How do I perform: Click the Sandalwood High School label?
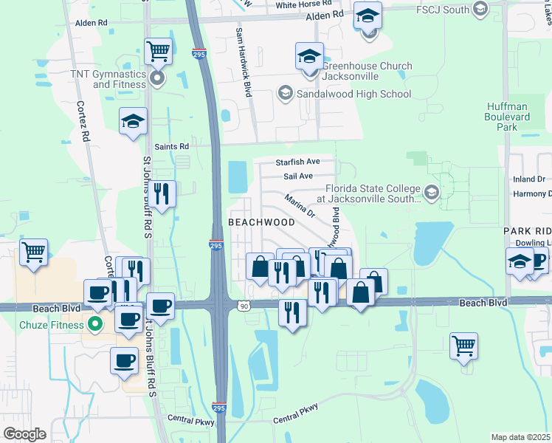tap(353, 94)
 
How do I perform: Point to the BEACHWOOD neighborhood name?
tap(261, 221)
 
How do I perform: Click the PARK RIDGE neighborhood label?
tap(527, 231)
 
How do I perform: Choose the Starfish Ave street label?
tap(297, 161)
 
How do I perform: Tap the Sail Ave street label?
tap(298, 176)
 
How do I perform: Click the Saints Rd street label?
tap(171, 146)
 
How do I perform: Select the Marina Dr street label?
tap(300, 206)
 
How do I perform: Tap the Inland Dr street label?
tap(530, 179)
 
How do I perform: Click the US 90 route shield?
tap(244, 304)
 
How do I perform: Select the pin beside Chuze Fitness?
tap(94, 323)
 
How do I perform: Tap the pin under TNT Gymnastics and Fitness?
tap(156, 78)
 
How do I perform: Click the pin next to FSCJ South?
tap(481, 10)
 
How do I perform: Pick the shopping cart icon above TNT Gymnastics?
tap(159, 52)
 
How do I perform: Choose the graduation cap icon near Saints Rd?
tap(133, 122)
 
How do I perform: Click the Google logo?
tap(24, 434)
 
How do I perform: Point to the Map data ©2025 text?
tap(520, 437)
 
